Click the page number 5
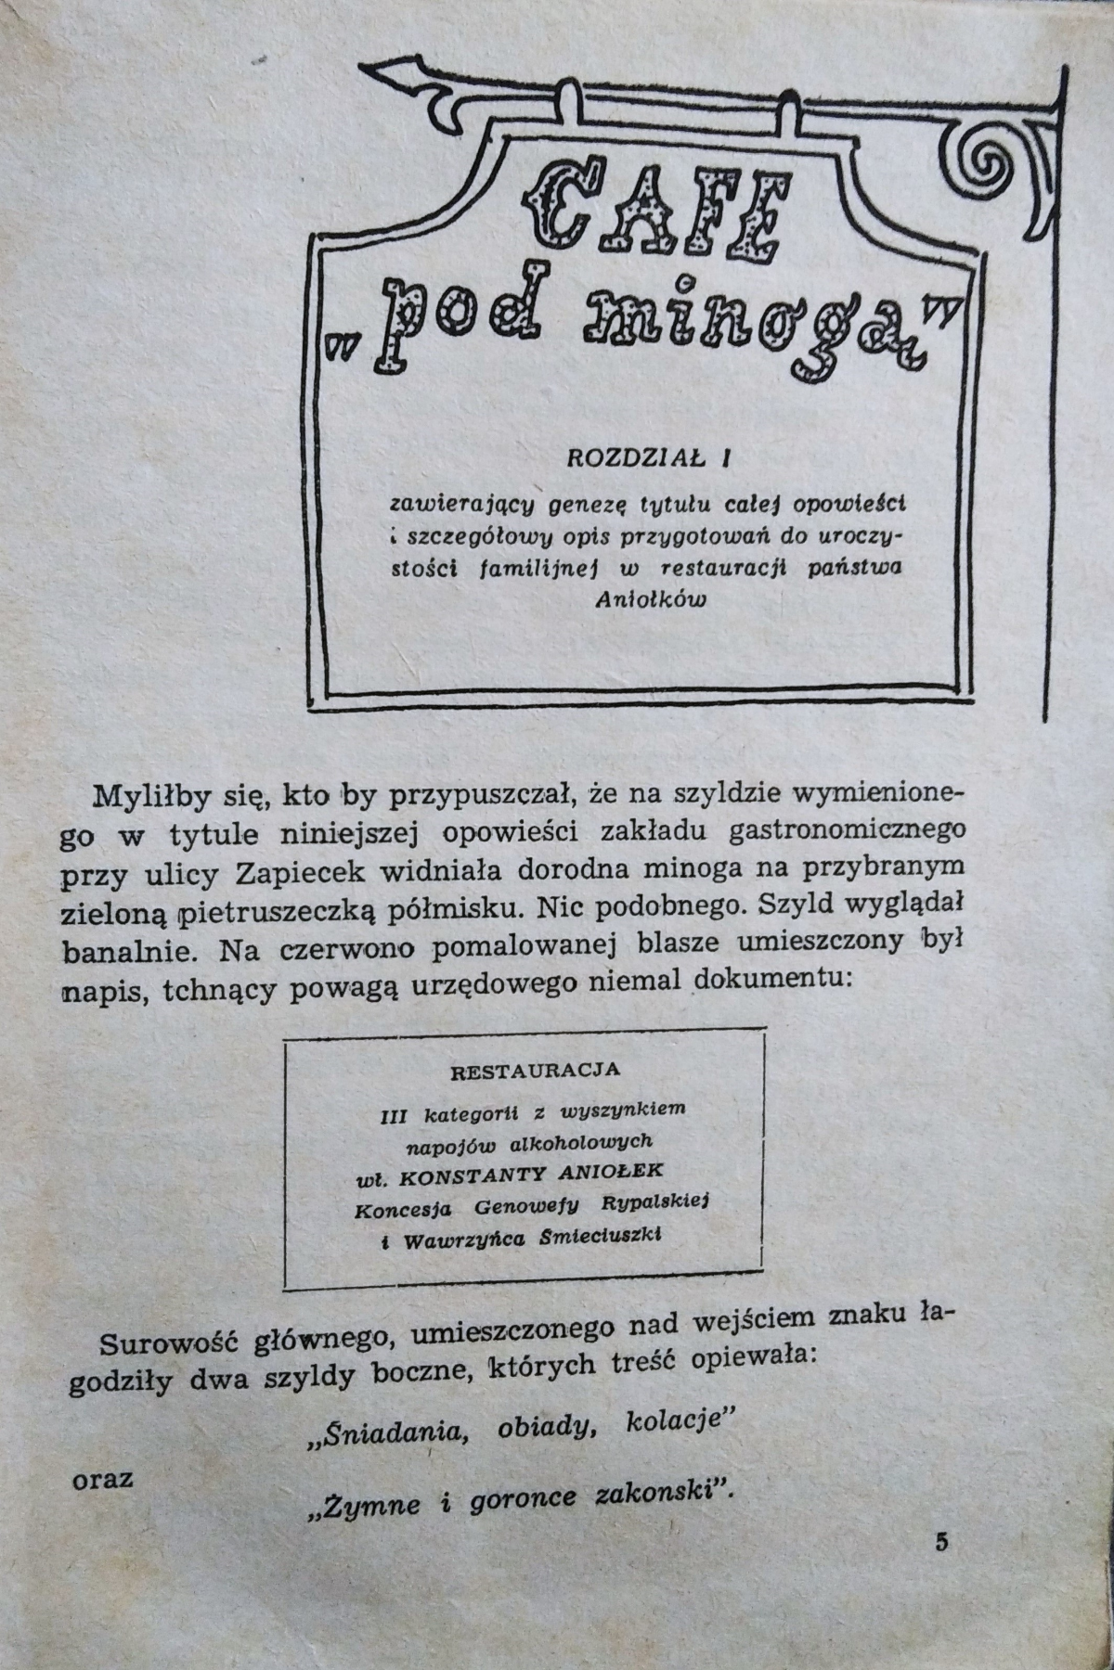click(x=942, y=1543)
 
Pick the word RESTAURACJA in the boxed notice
click(x=535, y=1070)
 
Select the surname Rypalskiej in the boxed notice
click(x=654, y=1203)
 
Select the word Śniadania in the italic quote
click(x=383, y=1432)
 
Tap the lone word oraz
click(x=102, y=1478)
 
